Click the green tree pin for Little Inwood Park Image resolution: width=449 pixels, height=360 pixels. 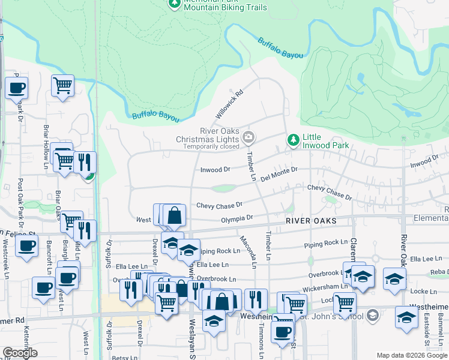(x=293, y=140)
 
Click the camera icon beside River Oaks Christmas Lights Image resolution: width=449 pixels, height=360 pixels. (x=248, y=139)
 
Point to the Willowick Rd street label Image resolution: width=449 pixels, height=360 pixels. (x=229, y=104)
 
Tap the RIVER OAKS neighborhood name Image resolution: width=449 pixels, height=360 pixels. (x=310, y=221)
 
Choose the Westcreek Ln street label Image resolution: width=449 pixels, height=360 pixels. (x=5, y=259)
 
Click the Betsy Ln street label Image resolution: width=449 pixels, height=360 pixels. (x=125, y=356)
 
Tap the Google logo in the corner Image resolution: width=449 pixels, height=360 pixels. (x=20, y=353)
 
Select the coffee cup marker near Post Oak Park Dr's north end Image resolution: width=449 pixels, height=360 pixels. (x=16, y=88)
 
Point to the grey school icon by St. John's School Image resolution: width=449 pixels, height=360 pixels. (x=372, y=315)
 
